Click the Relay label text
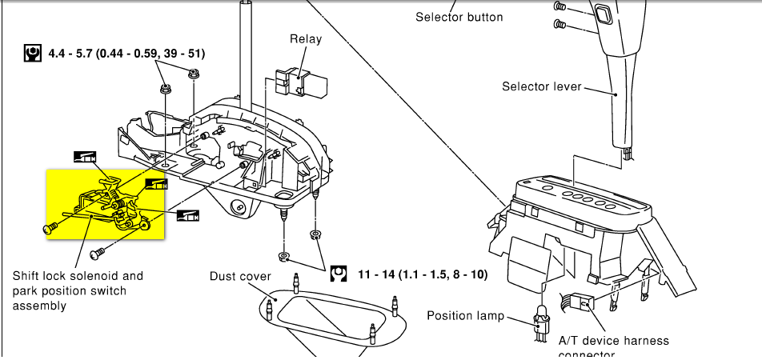coord(306,38)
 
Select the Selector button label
coord(459,17)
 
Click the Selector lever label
coord(541,86)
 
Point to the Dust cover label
coord(240,276)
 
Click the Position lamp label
coord(466,315)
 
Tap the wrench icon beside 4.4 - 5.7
coord(34,54)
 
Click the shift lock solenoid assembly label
coord(78,290)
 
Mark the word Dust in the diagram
coord(223,276)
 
